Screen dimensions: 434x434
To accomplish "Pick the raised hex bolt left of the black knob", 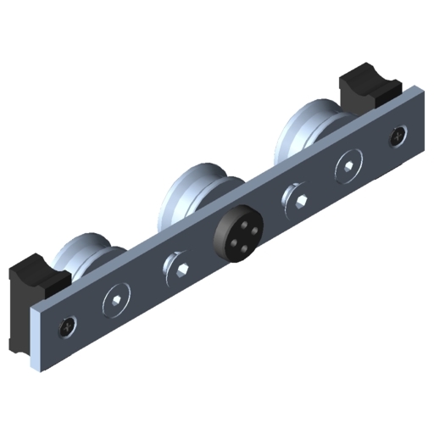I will click(180, 267).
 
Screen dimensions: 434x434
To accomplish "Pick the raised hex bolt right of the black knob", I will click(297, 200).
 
